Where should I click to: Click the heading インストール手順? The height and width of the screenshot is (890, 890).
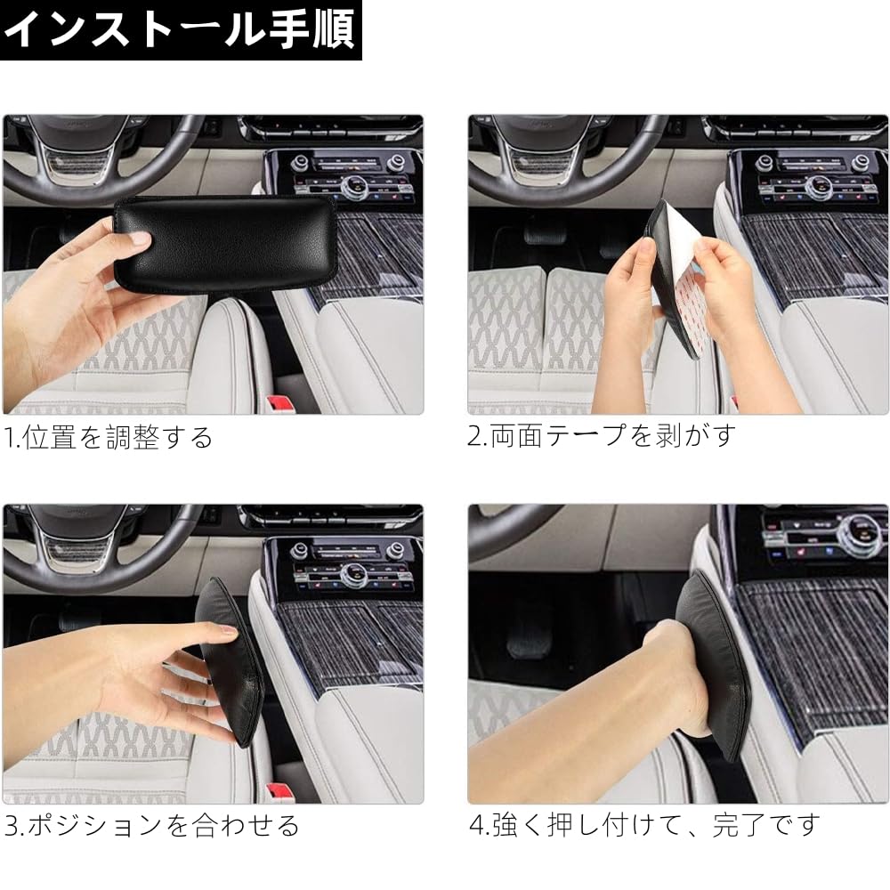(x=181, y=29)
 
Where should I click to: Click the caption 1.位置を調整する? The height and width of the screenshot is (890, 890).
(x=109, y=437)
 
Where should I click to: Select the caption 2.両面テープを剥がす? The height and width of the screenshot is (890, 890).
(x=603, y=435)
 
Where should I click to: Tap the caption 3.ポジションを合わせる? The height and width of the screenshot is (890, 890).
(x=151, y=825)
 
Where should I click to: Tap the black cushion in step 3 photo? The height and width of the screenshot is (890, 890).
(x=233, y=659)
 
